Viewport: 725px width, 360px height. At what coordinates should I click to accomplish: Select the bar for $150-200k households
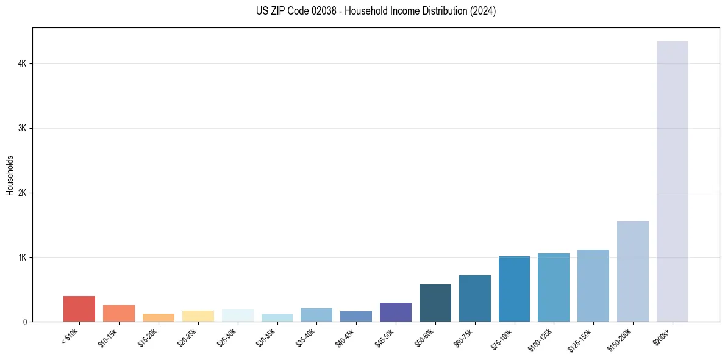tap(632, 272)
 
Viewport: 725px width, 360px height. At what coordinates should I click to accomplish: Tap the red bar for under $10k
tap(79, 309)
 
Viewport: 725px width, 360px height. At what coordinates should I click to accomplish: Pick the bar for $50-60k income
tap(435, 303)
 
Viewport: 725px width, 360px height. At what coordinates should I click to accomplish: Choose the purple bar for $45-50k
tap(395, 312)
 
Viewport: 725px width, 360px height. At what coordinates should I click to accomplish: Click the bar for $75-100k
tap(514, 289)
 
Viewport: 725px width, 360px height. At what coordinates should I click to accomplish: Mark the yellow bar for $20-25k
tap(198, 316)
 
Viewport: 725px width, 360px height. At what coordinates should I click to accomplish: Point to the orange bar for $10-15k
tap(119, 313)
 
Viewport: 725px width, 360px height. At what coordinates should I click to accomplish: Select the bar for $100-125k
tap(554, 287)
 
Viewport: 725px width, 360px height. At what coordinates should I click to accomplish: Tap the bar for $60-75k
tap(474, 298)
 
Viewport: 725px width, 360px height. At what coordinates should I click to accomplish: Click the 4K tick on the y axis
tap(22, 63)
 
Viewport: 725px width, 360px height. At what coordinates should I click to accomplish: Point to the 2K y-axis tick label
tap(22, 193)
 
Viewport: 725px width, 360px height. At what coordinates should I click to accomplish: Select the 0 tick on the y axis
tap(25, 322)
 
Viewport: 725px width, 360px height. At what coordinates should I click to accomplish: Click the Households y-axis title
tap(10, 175)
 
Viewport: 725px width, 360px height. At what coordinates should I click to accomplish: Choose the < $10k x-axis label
tap(70, 337)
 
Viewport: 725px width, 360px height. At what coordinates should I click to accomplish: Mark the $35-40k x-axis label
tap(306, 338)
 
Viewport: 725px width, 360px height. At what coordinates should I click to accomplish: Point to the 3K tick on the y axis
tap(22, 128)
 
